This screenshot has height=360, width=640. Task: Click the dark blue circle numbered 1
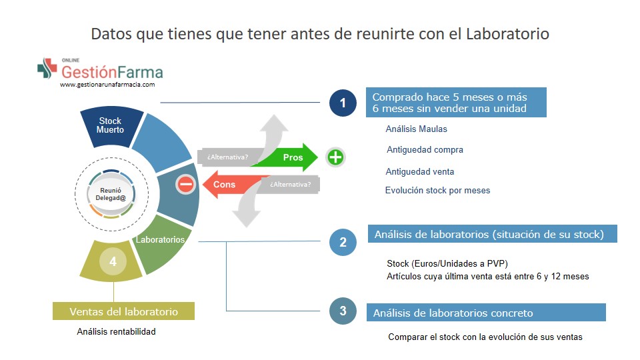point(343,103)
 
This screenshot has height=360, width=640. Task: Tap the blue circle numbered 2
point(343,242)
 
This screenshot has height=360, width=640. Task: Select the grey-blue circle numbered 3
point(343,311)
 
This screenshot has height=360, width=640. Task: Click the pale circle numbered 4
point(113,261)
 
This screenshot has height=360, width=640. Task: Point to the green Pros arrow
point(286,157)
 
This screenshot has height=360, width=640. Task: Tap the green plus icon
point(335,157)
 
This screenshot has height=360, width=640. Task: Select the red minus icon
point(186,184)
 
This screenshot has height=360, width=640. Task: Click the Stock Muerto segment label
point(110,125)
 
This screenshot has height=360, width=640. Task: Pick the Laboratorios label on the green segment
point(161,239)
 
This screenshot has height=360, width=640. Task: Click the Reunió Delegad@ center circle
point(111,194)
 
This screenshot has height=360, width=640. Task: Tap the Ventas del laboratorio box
point(124,311)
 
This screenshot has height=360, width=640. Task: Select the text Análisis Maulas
point(416,129)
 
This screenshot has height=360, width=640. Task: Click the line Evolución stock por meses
point(437,190)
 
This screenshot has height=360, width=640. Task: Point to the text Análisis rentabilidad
point(116,331)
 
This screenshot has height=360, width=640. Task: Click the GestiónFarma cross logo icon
point(47,68)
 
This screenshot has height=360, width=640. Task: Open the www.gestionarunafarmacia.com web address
point(107,85)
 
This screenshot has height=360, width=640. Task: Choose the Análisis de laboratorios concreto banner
point(486,313)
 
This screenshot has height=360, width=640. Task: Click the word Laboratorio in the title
point(508,33)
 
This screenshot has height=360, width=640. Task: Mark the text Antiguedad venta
point(420,172)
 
